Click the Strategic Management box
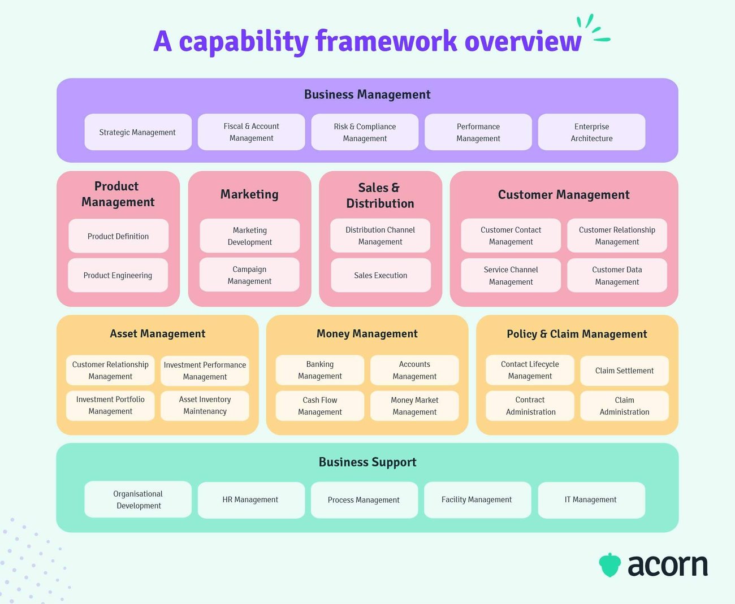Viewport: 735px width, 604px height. point(138,132)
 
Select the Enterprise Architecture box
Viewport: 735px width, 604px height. point(591,132)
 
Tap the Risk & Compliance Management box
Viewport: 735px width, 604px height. point(365,132)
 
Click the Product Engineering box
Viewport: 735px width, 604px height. point(118,275)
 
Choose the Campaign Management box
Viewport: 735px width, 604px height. point(249,275)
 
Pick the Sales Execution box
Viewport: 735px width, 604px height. point(381,275)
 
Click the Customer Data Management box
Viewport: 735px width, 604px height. point(617,276)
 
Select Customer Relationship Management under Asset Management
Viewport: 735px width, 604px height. point(110,371)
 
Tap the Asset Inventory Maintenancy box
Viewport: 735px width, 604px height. point(205,406)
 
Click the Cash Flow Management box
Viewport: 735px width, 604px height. point(320,406)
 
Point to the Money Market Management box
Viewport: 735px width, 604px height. point(414,406)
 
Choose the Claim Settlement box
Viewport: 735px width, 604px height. point(624,371)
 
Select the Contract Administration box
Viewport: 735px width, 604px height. point(530,406)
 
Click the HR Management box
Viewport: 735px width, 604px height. point(250,500)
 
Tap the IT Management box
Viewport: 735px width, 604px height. point(591,500)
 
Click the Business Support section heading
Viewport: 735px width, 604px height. point(367,462)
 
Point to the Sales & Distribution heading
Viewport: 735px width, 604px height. point(380,195)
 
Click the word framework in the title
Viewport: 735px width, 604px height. point(386,42)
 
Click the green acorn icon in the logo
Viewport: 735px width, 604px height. point(610,565)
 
